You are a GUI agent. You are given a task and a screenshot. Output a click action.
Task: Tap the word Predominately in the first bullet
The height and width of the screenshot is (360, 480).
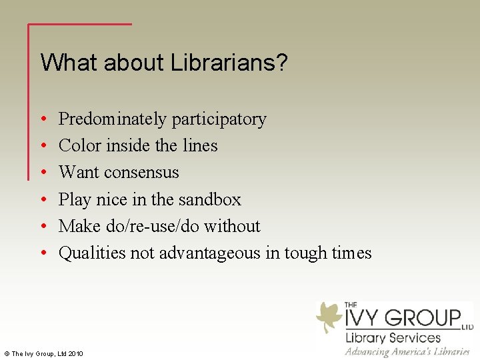(113, 119)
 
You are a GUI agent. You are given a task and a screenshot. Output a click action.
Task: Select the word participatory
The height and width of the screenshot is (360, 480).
(219, 119)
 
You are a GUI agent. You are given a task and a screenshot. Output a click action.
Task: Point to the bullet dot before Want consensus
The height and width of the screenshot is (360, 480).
(43, 173)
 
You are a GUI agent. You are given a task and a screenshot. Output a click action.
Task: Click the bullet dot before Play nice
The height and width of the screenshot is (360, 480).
(43, 199)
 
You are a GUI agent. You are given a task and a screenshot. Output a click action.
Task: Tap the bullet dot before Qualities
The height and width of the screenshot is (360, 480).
(43, 253)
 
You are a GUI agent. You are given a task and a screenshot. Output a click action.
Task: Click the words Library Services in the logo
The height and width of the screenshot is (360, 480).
(393, 337)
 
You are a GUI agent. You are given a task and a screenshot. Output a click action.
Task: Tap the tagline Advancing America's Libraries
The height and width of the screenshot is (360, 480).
(407, 351)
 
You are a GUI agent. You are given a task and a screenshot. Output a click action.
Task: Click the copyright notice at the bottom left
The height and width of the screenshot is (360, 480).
(43, 353)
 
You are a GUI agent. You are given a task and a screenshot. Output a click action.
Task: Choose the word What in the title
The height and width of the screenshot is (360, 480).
(61, 63)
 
